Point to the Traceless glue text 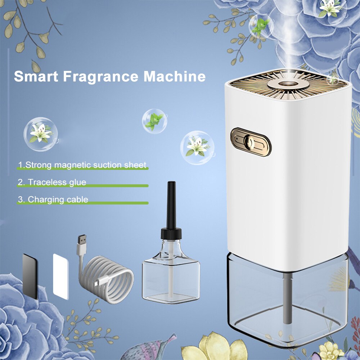[x=52, y=182]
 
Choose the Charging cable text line [x=53, y=199]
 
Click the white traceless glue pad [x=60, y=276]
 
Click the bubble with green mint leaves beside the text [x=153, y=121]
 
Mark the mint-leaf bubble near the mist [x=261, y=26]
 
